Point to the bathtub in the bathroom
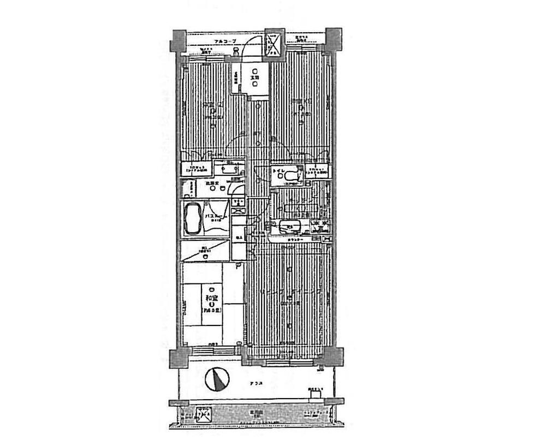point(192,217)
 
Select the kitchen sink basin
point(287,226)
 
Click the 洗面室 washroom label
point(212,184)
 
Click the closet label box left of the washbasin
point(195,169)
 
